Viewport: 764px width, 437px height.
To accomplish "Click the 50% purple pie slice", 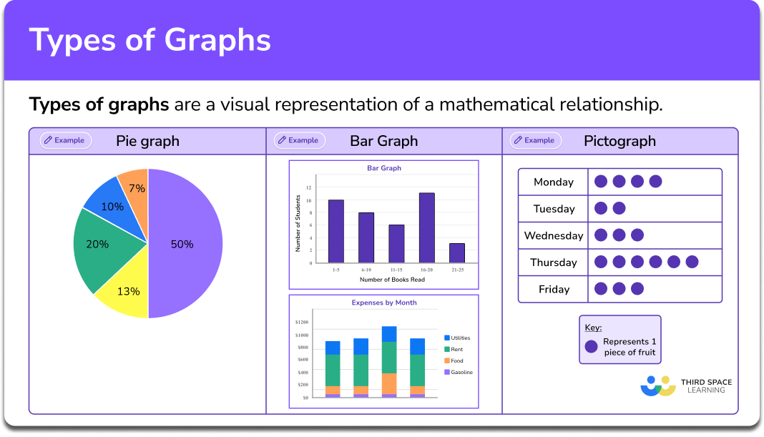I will pyautogui.click(x=185, y=243).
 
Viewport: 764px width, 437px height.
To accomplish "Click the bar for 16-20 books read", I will pyautogui.click(x=426, y=227).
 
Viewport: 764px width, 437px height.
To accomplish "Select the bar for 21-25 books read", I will pyautogui.click(x=457, y=252).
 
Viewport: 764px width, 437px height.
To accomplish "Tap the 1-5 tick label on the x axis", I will pyautogui.click(x=336, y=270).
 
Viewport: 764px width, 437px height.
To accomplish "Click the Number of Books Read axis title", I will pyautogui.click(x=392, y=279).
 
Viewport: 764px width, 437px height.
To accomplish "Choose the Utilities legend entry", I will pyautogui.click(x=457, y=338).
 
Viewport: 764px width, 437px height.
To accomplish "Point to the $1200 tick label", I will pyautogui.click(x=302, y=323).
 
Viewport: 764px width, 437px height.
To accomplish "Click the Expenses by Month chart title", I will pyautogui.click(x=384, y=303).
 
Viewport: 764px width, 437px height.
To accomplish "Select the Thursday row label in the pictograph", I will pyautogui.click(x=554, y=262).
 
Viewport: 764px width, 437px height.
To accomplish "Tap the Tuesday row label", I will pyautogui.click(x=554, y=209).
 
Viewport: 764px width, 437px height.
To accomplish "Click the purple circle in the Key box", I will pyautogui.click(x=591, y=347).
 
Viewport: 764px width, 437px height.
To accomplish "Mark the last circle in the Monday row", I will pyautogui.click(x=655, y=182).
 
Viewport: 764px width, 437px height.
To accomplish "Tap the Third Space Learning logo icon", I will pyautogui.click(x=658, y=386).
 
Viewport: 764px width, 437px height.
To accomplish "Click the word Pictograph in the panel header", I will pyautogui.click(x=619, y=141).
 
